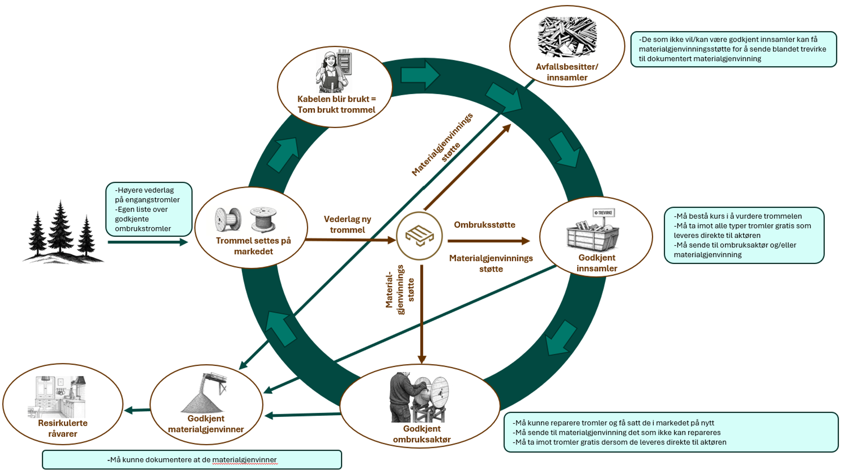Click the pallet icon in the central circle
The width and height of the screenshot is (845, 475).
point(419,236)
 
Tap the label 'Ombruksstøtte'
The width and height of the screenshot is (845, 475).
point(485,225)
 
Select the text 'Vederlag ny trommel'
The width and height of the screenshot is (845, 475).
point(347,224)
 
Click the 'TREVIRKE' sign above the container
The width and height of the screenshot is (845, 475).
point(604,213)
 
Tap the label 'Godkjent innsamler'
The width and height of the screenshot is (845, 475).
point(597,263)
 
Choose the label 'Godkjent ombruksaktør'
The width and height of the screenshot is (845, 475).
point(422,434)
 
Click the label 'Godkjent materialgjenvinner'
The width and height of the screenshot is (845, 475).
point(206,424)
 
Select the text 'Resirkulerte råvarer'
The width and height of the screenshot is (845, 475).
point(62,428)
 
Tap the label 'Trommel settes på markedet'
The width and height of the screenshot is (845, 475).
point(253,246)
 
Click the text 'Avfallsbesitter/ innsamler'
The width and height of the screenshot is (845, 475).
point(567,72)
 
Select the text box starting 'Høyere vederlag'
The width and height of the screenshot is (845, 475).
point(149,209)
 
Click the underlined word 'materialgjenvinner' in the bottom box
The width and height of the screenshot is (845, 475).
point(244,460)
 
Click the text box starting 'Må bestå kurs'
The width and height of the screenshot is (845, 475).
point(744,235)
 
